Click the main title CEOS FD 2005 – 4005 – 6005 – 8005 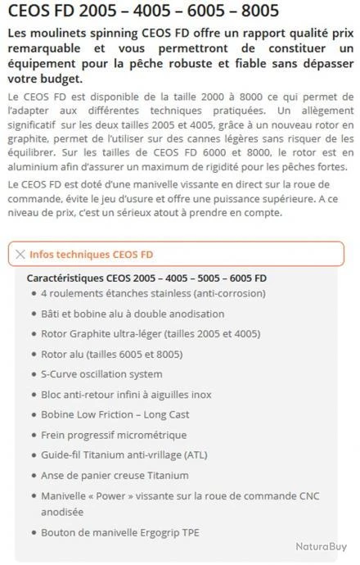coord(144,11)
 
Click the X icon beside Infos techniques coord(20,255)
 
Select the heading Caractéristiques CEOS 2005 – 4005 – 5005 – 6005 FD coord(146,278)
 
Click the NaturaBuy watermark coord(320,546)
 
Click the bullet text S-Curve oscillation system coord(101,374)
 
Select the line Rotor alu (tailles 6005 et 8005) coord(111,354)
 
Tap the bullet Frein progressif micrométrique coord(114,435)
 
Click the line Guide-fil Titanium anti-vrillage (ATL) coord(124,454)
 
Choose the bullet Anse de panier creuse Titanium coord(115,475)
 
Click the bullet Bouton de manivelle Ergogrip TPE coord(119,532)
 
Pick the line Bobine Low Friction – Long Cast coord(115,414)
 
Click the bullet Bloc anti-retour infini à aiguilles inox coord(126,394)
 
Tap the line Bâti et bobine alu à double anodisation coord(133,314)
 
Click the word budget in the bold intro coord(60,79)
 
